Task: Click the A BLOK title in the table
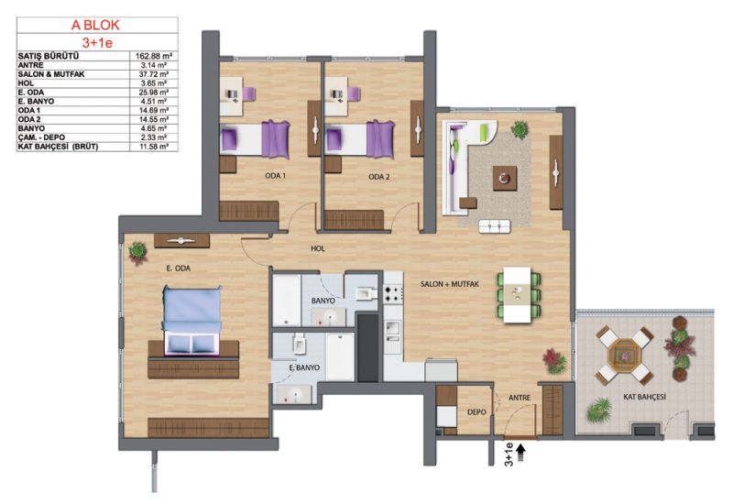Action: tap(95, 26)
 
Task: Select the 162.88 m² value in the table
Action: tap(151, 56)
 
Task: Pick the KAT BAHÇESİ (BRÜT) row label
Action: tap(58, 147)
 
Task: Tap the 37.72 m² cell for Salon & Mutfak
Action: tap(154, 74)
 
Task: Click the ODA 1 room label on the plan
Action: tap(276, 176)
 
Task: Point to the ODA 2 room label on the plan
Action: tap(379, 177)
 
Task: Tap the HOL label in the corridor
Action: tap(318, 248)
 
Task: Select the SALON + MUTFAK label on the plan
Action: tap(450, 284)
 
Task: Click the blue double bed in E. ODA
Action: tap(192, 322)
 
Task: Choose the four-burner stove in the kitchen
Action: tap(393, 294)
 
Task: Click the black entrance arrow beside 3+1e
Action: tap(520, 453)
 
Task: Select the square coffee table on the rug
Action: tap(505, 178)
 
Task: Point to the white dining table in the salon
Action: tap(517, 294)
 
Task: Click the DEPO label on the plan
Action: tap(476, 411)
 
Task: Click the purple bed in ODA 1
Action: tap(255, 139)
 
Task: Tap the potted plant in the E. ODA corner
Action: tap(138, 252)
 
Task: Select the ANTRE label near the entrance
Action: tap(520, 398)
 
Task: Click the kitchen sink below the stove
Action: tap(393, 331)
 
